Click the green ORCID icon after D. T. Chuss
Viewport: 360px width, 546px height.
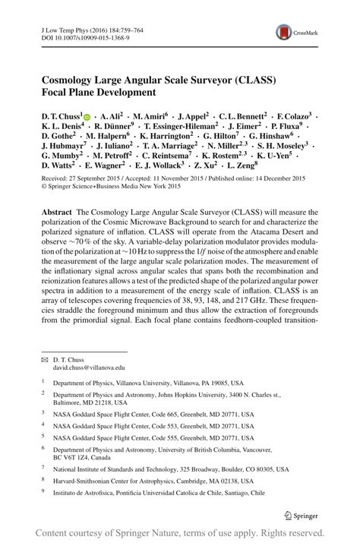click(87, 115)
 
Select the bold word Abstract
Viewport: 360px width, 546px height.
click(58, 213)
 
